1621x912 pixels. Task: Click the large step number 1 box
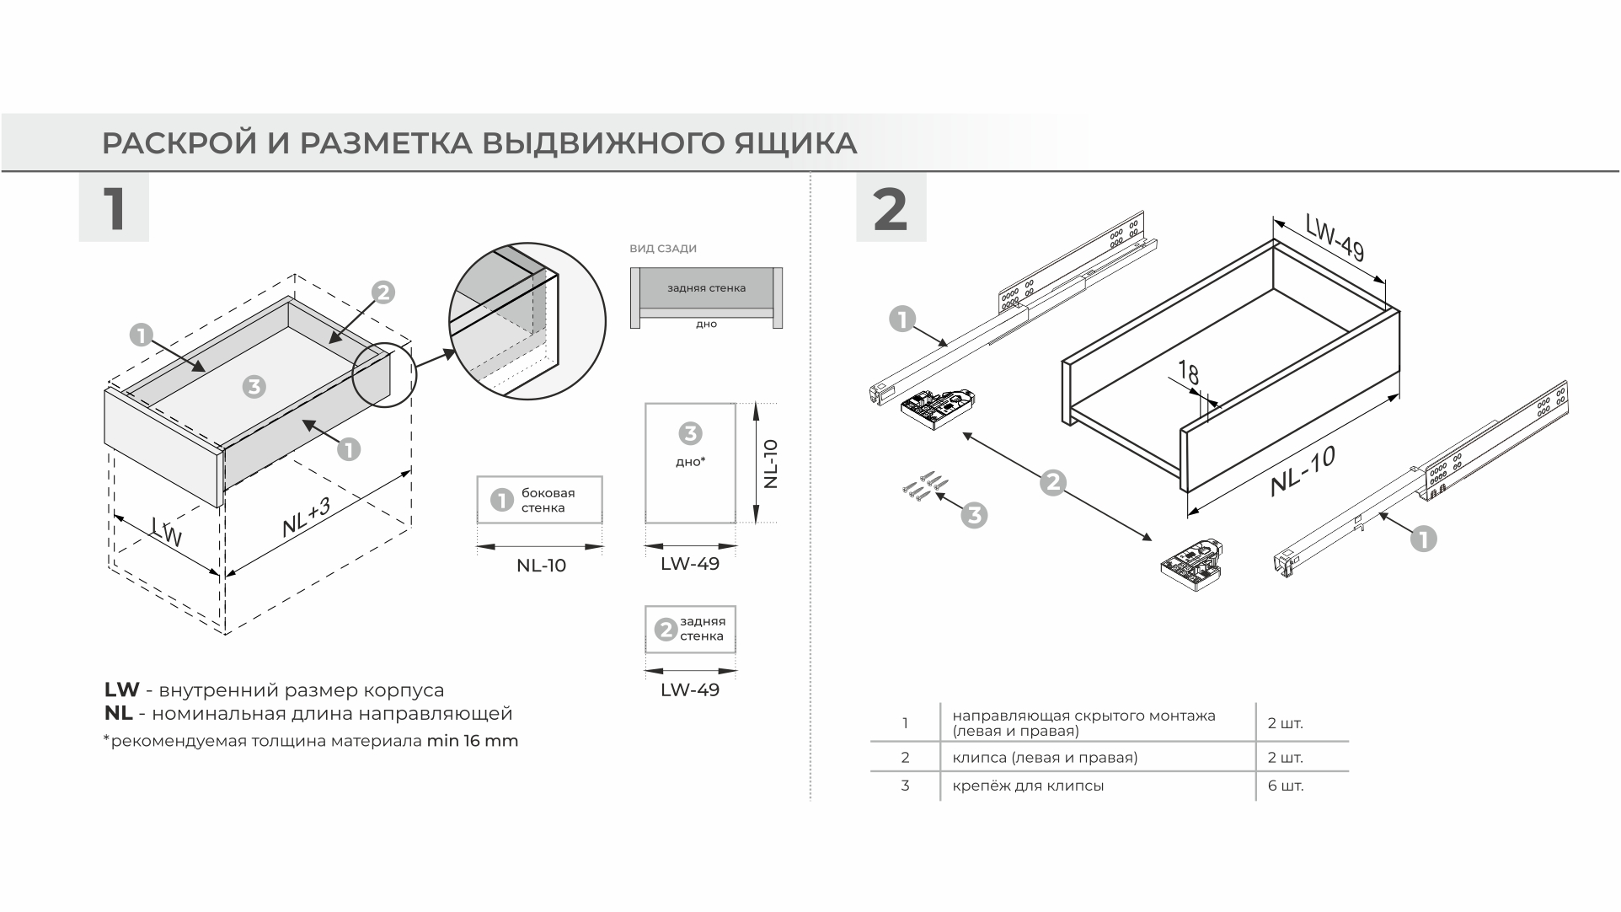coord(114,207)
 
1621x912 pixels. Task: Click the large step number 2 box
coord(891,207)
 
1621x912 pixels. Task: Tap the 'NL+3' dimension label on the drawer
coord(306,517)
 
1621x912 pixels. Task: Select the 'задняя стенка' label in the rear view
coord(706,288)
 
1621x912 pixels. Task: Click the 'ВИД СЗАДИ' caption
coord(663,249)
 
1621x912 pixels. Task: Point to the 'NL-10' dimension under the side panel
coord(541,566)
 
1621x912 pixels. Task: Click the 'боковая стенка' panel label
coord(548,500)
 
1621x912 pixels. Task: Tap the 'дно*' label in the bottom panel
coord(690,462)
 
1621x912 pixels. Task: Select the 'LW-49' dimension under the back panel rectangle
coord(690,689)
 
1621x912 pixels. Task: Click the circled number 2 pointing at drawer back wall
coord(383,292)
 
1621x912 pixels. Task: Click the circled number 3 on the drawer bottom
coord(254,386)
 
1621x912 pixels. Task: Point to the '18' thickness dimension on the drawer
coord(1189,372)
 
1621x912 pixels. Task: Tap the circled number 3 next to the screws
coord(974,515)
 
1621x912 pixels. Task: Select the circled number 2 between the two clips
coord(1053,483)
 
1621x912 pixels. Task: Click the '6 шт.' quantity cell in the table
coord(1285,786)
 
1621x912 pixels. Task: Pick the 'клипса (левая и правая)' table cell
coord(1045,757)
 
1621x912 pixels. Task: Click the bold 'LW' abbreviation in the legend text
coord(121,690)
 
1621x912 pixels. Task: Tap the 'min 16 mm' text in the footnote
coord(472,742)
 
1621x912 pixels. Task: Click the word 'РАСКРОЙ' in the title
coord(179,143)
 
